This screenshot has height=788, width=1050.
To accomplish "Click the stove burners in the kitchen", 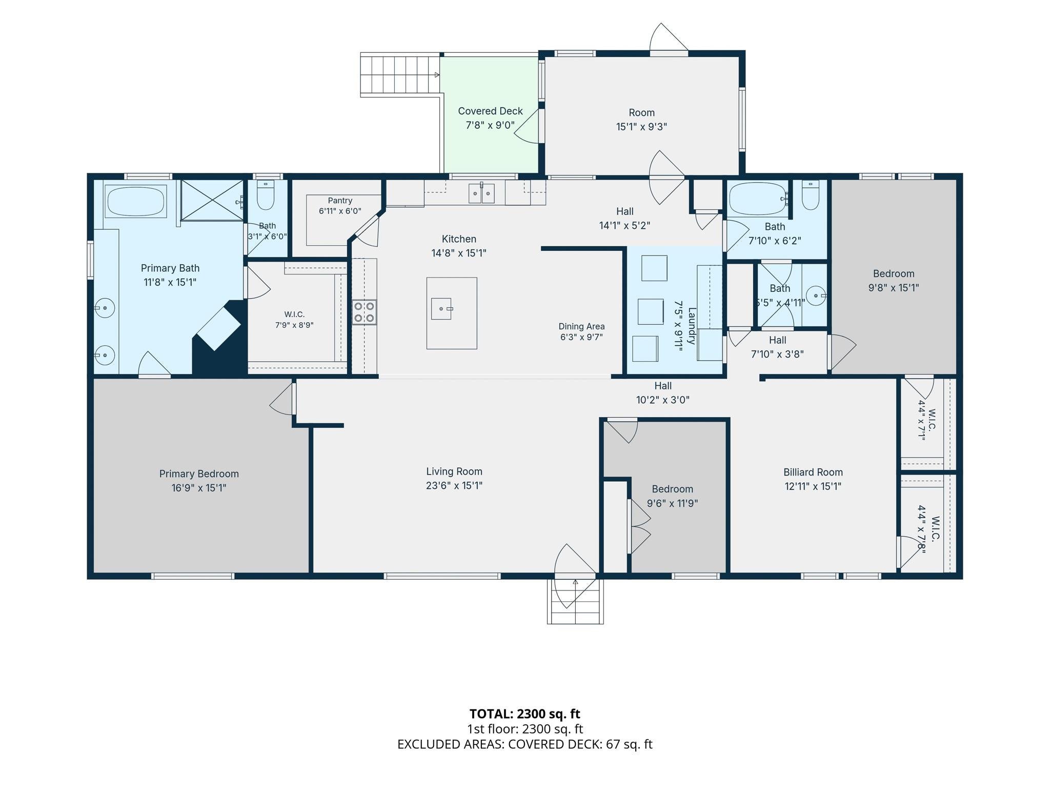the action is pos(364,312).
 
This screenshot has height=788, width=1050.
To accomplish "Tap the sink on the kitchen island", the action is pos(441,309).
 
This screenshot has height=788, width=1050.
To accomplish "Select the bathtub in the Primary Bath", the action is pos(136,202).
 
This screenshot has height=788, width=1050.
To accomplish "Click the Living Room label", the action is pos(454,471).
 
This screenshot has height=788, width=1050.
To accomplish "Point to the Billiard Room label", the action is pos(813,472).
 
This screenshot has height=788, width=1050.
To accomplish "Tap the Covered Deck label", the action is pos(491,111).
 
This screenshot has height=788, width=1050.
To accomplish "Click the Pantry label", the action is pos(340,201).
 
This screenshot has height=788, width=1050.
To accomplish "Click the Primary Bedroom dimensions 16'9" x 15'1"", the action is pos(199,488).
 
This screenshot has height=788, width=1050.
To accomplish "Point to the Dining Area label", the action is pos(581,326).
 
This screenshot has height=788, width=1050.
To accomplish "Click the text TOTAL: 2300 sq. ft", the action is pos(525,714).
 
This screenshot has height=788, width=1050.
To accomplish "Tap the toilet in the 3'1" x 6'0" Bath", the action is pos(266,195).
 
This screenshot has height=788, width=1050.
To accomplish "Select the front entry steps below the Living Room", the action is pos(575,601).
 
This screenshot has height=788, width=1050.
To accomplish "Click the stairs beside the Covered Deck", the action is pos(400,75).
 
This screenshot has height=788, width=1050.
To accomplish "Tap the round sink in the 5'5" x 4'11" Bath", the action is pos(816,295).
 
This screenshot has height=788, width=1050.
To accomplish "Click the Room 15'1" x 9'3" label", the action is pos(642,120).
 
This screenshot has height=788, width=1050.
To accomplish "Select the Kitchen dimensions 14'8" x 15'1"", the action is pos(459,253).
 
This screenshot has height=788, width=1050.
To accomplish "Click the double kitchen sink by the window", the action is pos(481,193).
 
